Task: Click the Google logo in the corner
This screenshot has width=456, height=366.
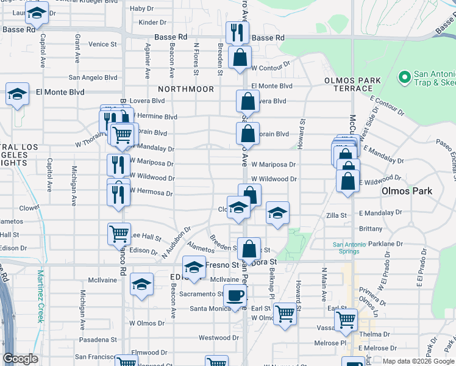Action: [x=21, y=359]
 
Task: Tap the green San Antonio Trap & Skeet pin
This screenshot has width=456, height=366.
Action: [x=404, y=77]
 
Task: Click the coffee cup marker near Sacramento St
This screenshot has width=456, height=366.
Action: [x=235, y=296]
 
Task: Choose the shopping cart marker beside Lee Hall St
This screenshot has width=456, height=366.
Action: [x=119, y=234]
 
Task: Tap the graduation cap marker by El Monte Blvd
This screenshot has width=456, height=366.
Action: [x=18, y=95]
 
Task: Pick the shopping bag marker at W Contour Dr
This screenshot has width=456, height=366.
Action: [x=240, y=59]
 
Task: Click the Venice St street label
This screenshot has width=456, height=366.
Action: [x=102, y=45]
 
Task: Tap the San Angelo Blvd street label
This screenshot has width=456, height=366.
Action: [x=93, y=77]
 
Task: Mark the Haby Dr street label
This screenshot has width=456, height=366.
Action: [x=141, y=9]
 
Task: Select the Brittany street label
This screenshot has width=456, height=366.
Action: [x=371, y=229]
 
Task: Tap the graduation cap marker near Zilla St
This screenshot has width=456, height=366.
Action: [x=277, y=213]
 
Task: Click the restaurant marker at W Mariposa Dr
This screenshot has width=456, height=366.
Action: [x=118, y=165]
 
